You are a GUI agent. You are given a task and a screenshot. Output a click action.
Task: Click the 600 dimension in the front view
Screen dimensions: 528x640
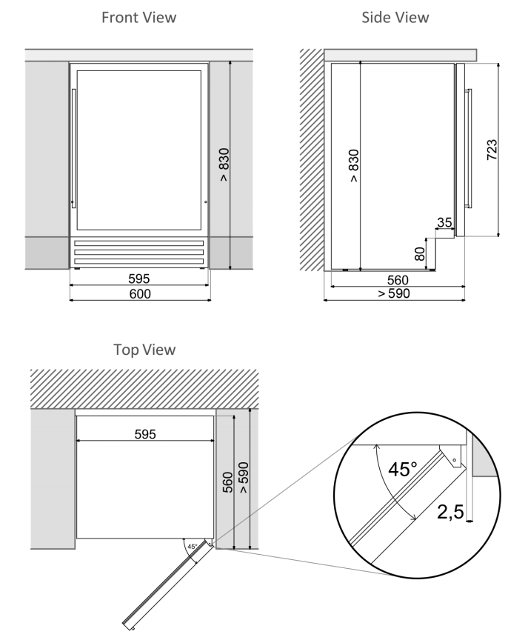click(139, 294)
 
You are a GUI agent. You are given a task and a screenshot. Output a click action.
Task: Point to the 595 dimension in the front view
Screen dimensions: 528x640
click(139, 279)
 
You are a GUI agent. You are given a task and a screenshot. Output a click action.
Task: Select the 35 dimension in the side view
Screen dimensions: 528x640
click(444, 222)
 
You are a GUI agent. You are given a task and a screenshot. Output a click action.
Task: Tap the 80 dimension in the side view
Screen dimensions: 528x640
click(420, 254)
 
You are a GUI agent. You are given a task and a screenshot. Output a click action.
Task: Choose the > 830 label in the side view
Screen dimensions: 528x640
click(353, 166)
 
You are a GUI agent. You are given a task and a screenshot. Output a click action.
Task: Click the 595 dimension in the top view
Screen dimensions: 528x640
click(145, 434)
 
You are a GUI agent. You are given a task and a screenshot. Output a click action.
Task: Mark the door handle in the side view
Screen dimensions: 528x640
click(467, 147)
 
